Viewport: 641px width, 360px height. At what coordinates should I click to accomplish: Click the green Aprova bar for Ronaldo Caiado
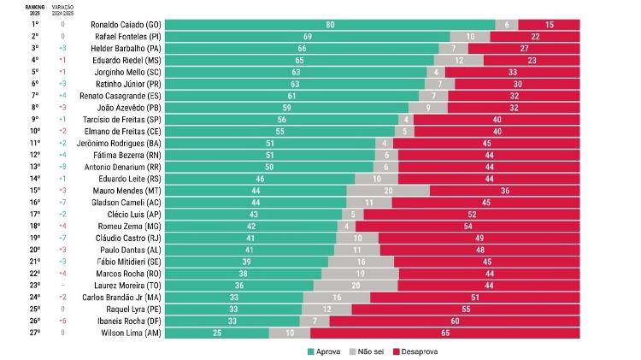point(330,25)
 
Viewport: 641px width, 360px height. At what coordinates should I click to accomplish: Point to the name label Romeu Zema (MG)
point(131,226)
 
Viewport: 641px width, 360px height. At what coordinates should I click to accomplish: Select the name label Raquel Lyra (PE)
point(132,309)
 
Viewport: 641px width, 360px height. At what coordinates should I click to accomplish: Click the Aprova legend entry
point(327,351)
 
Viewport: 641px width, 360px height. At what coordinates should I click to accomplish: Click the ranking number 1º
point(35,25)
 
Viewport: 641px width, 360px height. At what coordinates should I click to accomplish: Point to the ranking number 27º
point(35,333)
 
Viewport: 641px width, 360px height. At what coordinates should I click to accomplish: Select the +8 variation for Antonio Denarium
point(62,167)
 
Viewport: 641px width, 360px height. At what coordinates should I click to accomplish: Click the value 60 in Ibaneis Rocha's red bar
point(456,321)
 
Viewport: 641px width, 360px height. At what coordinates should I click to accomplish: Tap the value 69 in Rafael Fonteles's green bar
point(307,37)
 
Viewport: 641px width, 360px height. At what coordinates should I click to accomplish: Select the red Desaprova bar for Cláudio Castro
point(481,238)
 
